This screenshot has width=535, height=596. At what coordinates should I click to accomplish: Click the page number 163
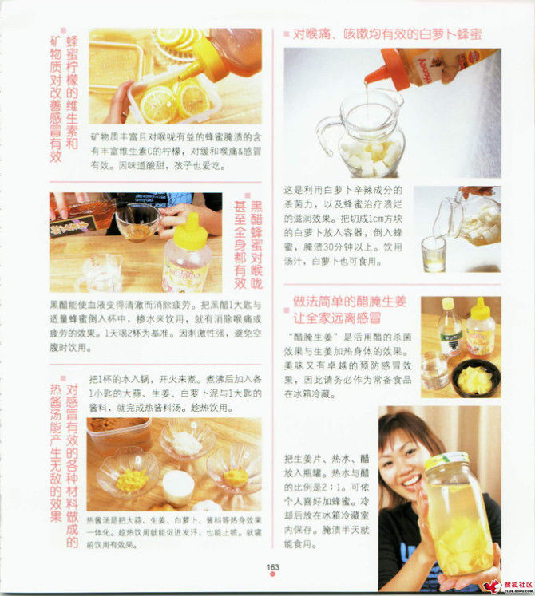tap(271, 568)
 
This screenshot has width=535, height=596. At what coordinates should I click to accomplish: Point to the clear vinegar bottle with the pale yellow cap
tap(450, 327)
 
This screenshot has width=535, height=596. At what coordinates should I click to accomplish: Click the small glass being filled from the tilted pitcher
tap(434, 254)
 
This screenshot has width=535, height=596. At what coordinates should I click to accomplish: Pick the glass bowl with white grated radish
tap(186, 438)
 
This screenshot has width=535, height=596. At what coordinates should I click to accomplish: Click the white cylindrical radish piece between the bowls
tap(177, 485)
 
